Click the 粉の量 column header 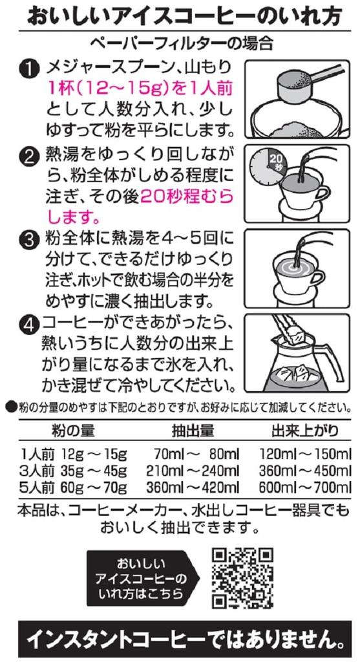pos(73,430)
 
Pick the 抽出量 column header pos(192,430)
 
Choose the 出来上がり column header pos(304,430)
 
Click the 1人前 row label pos(37,454)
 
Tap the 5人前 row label pos(37,487)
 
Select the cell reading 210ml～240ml pos(193,471)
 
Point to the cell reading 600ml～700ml pos(305,487)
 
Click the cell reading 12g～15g pos(94,454)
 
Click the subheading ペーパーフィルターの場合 pos(183,43)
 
